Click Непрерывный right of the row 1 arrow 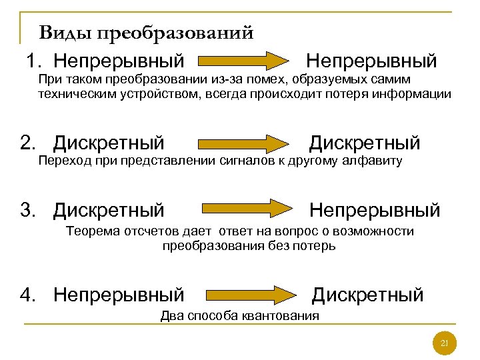pyautogui.click(x=371, y=61)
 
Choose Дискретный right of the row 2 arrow pyautogui.click(x=365, y=143)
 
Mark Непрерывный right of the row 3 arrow pyautogui.click(x=375, y=211)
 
